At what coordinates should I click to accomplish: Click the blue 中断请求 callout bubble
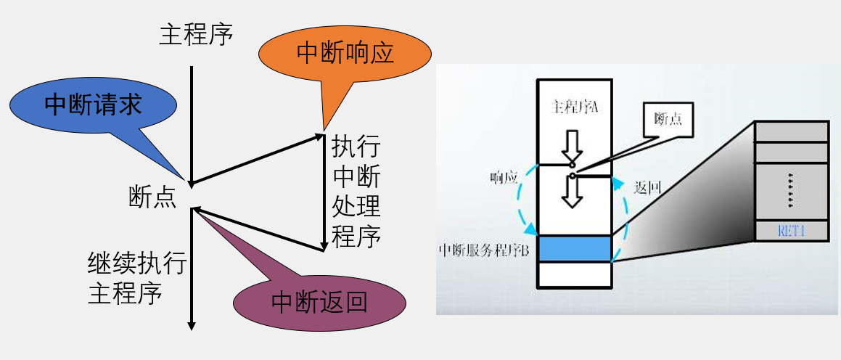click(93, 105)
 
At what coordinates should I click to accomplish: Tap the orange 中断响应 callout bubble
click(345, 53)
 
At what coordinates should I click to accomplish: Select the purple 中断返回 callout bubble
click(319, 301)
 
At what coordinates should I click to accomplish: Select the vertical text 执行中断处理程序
click(356, 192)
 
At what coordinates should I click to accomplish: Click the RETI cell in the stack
click(792, 232)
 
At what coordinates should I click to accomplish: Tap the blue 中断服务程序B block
click(574, 248)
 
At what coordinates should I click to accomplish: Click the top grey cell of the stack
click(792, 131)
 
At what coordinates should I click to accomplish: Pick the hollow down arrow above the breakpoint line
click(573, 145)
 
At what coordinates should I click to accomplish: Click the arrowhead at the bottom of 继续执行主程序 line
click(192, 324)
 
